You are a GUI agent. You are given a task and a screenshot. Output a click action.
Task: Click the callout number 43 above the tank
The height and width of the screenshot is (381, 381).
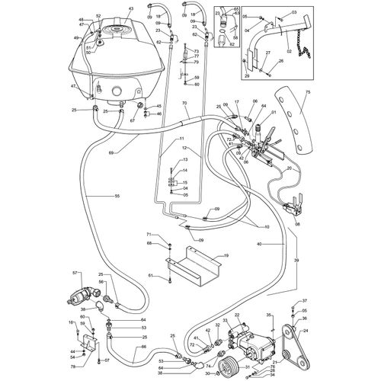coord(130,8)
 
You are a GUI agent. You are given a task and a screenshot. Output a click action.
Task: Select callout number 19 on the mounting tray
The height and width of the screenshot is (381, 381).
coord(226,258)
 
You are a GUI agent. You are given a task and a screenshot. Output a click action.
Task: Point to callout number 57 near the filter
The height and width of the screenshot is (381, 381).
coord(75,273)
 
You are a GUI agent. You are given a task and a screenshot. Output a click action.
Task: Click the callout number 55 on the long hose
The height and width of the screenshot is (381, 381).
coord(117,197)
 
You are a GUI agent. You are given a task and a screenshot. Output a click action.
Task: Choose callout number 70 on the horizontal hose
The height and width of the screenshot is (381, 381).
coord(184,102)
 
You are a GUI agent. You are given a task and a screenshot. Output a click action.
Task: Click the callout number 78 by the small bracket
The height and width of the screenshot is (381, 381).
coord(73,367)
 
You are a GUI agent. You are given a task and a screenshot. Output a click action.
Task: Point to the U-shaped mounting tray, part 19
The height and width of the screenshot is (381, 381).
coord(195,270)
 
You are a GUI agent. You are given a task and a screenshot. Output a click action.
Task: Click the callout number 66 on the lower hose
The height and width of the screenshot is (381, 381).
coord(141,348)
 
